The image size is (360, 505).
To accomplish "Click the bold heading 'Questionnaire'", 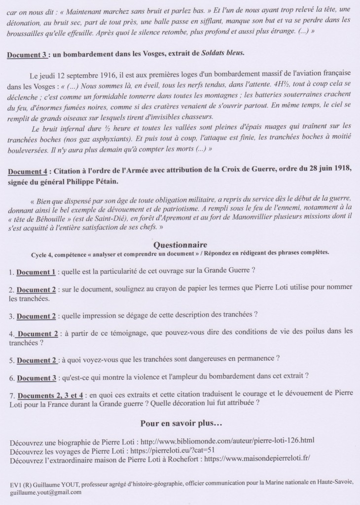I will [180, 245].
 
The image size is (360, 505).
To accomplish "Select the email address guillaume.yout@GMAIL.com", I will [44, 492].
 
